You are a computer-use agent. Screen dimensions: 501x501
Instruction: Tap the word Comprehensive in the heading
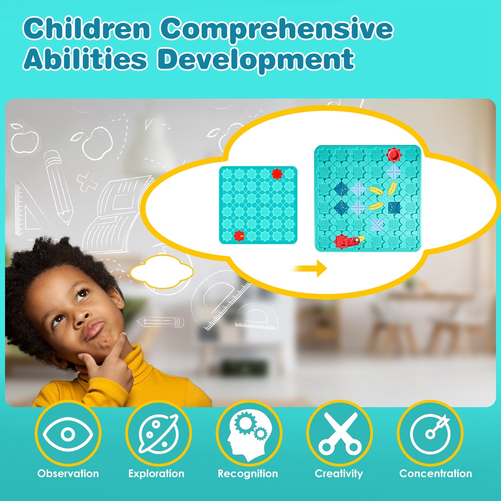(276, 29)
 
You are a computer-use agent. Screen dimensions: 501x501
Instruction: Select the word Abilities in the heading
(85, 59)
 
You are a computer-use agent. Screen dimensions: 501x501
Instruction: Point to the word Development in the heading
(256, 60)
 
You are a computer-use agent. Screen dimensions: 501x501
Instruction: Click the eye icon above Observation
(68, 433)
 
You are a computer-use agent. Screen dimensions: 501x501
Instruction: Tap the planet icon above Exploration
(158, 433)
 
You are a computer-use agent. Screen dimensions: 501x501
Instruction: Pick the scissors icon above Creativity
(339, 433)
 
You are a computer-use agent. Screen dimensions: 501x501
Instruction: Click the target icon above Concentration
(430, 433)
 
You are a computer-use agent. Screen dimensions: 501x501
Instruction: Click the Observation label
(68, 474)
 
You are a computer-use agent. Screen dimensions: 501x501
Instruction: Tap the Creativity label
(339, 474)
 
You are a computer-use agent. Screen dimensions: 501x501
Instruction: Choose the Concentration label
(435, 474)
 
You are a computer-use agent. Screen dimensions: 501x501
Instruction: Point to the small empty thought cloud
(162, 273)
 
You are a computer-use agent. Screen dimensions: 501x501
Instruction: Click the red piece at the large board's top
(394, 154)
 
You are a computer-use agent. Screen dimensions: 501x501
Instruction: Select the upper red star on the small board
(277, 174)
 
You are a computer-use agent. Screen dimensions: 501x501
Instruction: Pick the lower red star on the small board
(239, 236)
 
